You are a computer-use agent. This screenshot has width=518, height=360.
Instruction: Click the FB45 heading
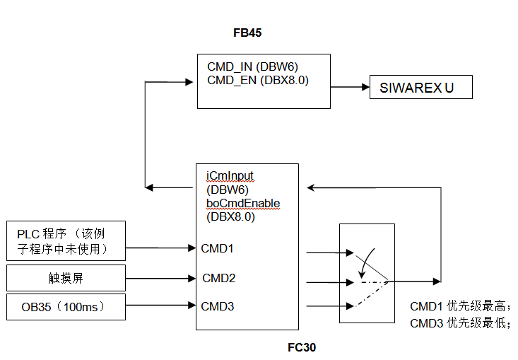coord(247,33)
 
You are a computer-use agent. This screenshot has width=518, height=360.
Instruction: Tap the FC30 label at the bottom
coord(302,348)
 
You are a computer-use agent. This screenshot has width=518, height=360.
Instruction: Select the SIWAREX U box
coord(421,88)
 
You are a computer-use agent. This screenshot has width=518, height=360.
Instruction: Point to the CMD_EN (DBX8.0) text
coord(258,80)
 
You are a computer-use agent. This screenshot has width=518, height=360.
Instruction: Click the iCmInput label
coord(230,176)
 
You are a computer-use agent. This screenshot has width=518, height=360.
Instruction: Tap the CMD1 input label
coord(217,248)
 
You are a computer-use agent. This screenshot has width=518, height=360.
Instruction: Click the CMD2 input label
coord(218,277)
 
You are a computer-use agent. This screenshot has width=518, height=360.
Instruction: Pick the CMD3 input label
coord(217,306)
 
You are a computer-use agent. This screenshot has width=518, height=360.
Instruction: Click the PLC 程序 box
coord(66,240)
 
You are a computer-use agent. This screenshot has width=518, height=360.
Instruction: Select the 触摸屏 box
coord(66,278)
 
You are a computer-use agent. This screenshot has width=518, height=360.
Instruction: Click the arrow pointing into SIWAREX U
coord(351,88)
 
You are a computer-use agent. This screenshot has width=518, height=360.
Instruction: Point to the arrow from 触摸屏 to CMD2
coord(160,277)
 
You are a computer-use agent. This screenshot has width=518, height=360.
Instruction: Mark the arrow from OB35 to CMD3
coord(160,306)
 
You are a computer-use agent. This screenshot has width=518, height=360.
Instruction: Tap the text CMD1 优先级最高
coord(459,307)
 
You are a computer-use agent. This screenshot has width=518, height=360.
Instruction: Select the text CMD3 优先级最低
coord(459,323)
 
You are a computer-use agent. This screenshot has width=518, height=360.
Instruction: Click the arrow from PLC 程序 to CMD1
coord(160,248)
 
